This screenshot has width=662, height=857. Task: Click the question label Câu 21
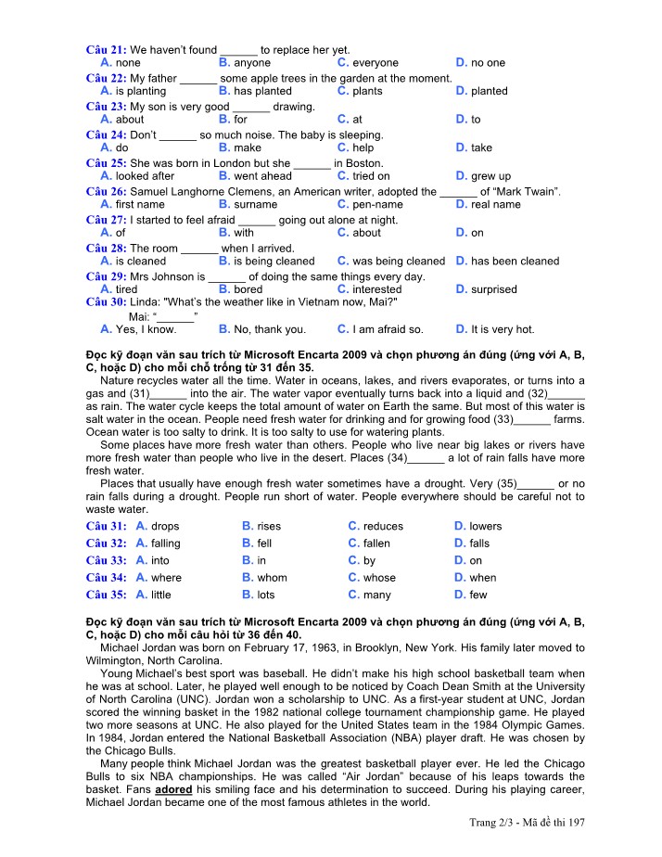click(106, 49)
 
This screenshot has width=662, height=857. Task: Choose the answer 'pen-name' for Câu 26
click(377, 204)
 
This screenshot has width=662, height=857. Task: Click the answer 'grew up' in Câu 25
click(490, 175)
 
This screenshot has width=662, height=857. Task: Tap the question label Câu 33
click(106, 560)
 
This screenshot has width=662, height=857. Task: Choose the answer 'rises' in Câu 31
click(268, 526)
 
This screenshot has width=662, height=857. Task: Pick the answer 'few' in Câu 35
click(477, 595)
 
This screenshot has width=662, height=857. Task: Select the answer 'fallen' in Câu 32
click(376, 543)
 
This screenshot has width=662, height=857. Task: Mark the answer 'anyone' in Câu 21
click(252, 62)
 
